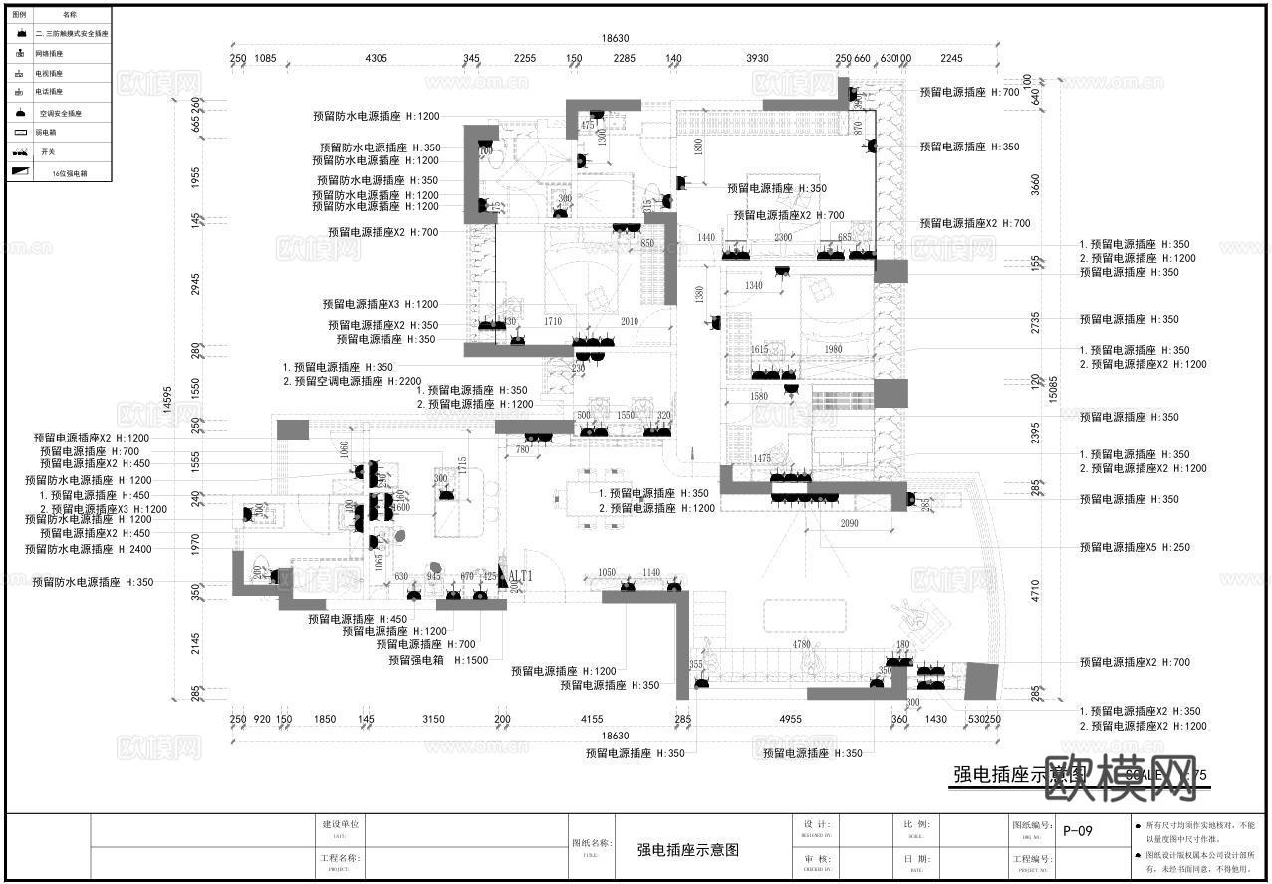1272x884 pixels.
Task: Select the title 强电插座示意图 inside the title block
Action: coord(688,850)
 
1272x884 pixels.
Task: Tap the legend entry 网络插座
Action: coord(49,53)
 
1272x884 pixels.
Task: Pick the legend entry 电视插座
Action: coord(49,73)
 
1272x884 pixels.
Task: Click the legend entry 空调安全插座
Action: coord(61,113)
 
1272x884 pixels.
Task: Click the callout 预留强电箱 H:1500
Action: coord(438,660)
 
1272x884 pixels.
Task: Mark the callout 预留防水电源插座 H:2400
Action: coord(90,549)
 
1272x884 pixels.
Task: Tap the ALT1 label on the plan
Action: coord(521,576)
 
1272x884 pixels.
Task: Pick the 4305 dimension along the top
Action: coord(377,58)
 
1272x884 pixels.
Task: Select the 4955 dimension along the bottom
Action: coord(790,719)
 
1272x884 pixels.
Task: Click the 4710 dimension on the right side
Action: coord(1036,591)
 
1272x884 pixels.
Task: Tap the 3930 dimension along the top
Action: coord(759,58)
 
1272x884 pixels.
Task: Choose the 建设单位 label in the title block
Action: coord(340,824)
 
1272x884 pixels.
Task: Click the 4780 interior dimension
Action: coord(802,644)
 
